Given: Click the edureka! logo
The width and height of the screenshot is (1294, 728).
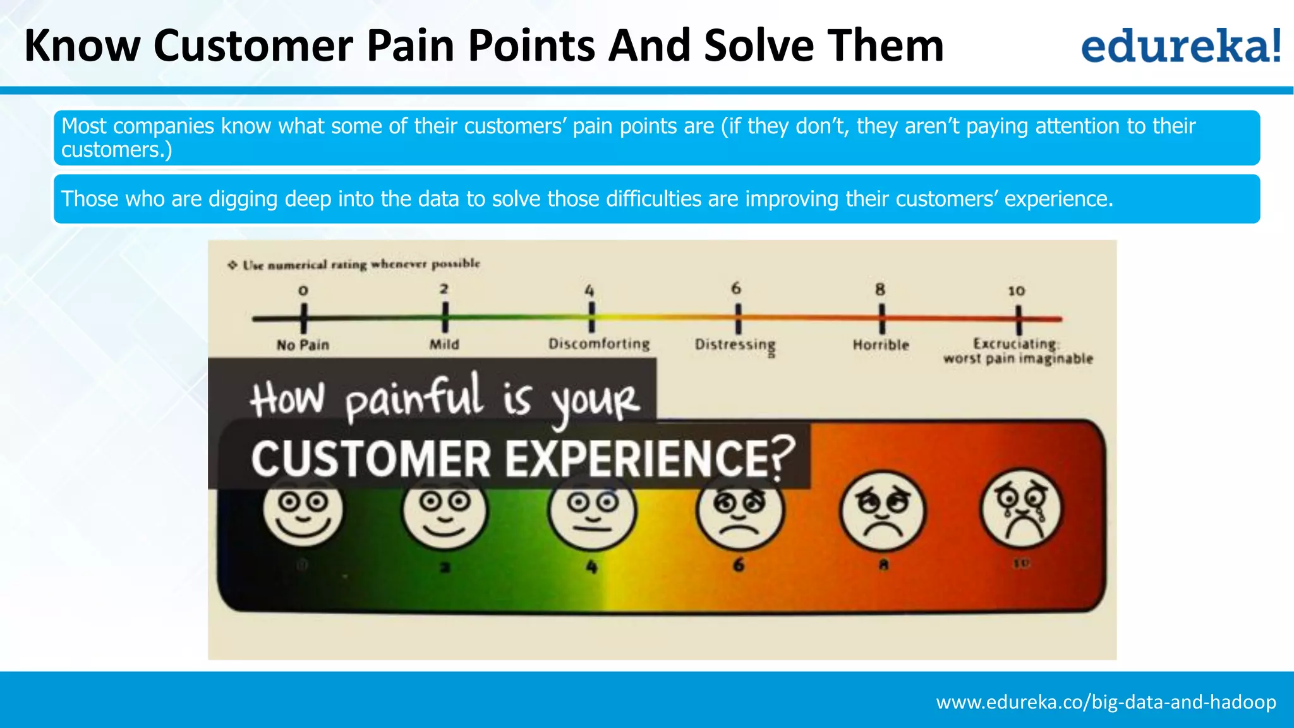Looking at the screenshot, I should point(1180,46).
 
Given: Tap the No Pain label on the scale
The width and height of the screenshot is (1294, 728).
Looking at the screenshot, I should point(303,345).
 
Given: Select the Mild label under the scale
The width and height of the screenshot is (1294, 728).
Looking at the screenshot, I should point(444,344).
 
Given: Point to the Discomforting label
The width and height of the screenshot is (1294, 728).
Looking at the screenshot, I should point(598,344).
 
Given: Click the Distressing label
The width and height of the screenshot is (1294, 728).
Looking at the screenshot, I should point(735,344).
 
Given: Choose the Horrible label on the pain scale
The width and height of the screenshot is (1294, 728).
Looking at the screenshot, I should point(881,345).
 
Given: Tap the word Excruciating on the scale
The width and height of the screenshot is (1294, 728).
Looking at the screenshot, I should point(1015,344).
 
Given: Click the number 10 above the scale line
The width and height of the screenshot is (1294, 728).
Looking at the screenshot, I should point(1016,291).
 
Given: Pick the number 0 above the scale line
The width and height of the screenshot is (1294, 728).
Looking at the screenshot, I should point(303,291).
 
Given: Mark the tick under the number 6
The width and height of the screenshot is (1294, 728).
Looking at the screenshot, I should point(737,318).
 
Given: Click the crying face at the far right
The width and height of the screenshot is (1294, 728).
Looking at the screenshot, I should point(1021,509).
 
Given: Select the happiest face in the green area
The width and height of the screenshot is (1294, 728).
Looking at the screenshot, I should point(303,511).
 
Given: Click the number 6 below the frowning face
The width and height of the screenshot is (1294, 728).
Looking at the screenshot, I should point(738,564).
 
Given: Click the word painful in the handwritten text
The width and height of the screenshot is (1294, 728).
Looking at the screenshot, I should point(414,398).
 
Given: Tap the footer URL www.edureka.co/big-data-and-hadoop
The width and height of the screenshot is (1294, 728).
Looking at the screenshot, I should point(1106,702).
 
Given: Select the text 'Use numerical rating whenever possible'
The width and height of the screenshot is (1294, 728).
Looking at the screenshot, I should point(361,264).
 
